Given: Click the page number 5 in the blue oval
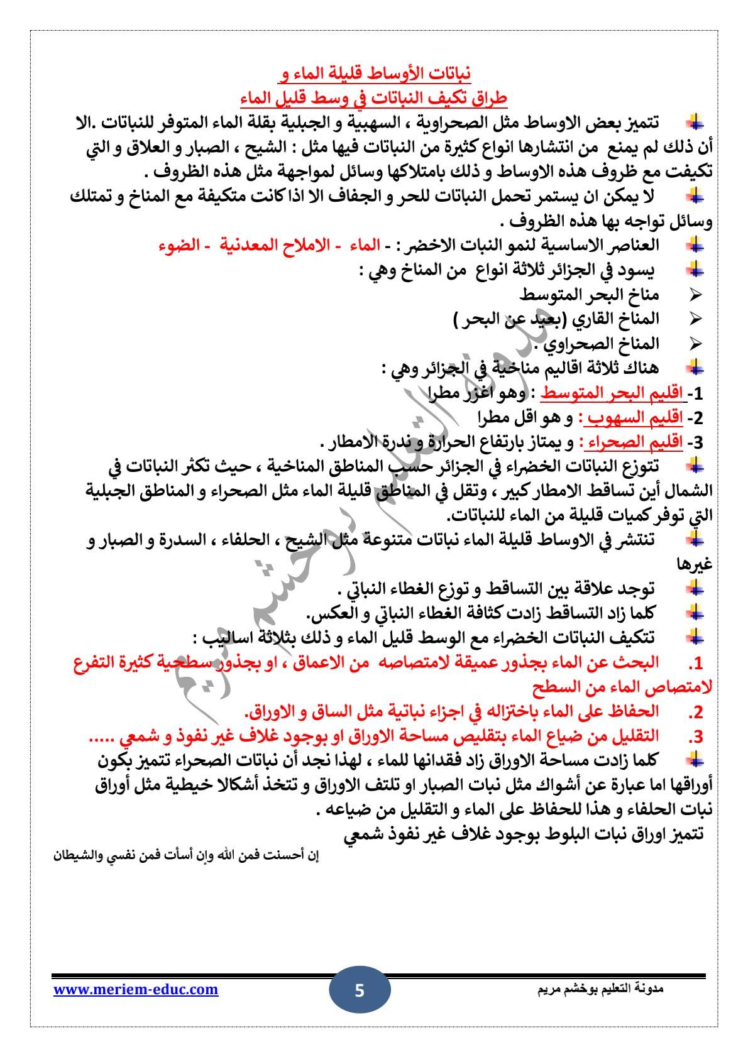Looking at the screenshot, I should click(360, 992).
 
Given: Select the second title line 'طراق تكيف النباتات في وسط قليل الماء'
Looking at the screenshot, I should click(374, 99).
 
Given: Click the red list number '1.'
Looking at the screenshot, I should click(695, 664).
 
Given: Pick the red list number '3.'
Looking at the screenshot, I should click(695, 737).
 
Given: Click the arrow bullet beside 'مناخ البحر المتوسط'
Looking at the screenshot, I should click(695, 294).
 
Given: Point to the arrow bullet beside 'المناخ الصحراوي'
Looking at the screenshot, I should click(695, 343).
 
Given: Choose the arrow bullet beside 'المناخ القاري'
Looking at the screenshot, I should click(695, 319).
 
